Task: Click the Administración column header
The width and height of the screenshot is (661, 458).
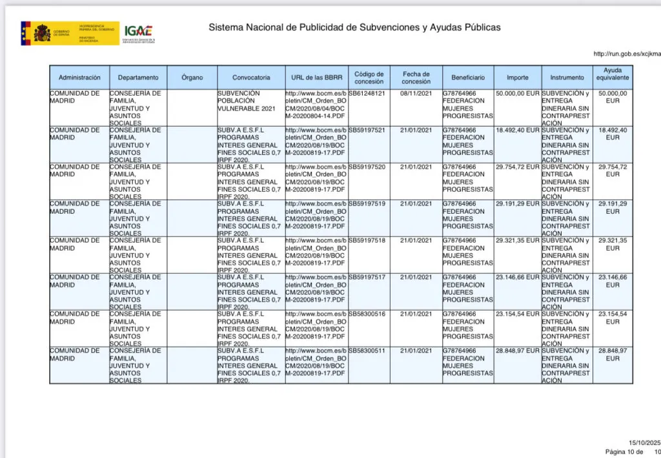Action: tap(79, 78)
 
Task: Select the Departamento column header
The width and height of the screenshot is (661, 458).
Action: tap(138, 78)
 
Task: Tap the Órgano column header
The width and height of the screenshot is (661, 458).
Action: tap(192, 78)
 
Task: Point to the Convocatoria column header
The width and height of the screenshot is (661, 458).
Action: tap(251, 78)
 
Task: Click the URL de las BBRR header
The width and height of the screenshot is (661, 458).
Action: tap(316, 78)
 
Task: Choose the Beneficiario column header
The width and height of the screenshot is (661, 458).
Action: tap(468, 78)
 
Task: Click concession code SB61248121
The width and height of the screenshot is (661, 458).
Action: tap(367, 94)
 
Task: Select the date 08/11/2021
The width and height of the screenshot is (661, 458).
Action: tap(416, 94)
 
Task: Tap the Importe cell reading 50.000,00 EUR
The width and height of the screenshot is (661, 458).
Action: tap(517, 94)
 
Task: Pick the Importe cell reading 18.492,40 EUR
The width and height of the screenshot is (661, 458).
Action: tap(517, 130)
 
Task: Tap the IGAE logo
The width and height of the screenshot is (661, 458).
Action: tap(139, 32)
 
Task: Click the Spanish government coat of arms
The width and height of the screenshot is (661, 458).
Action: tap(42, 32)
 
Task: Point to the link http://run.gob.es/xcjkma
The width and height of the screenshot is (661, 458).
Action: tap(626, 54)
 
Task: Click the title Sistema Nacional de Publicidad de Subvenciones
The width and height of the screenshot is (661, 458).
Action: tap(354, 28)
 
